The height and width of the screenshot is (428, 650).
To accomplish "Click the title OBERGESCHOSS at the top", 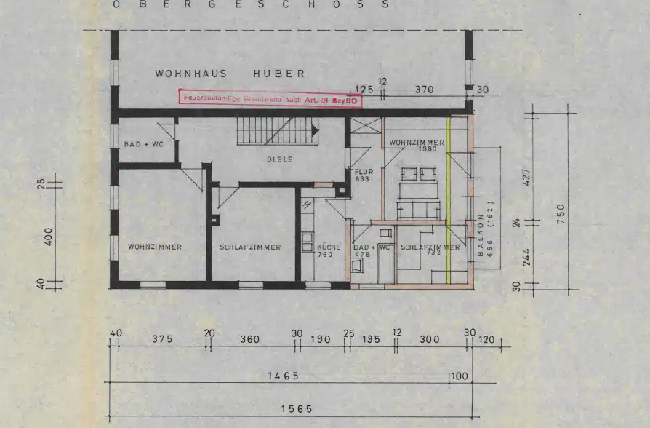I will pyautogui.click(x=250, y=4).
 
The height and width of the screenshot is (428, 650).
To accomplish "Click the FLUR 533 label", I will pyautogui.click(x=364, y=175).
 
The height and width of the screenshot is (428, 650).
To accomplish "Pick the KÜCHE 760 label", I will pyautogui.click(x=329, y=251).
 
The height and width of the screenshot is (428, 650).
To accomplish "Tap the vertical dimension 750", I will pyautogui.click(x=561, y=214).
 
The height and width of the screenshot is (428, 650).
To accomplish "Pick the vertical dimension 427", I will pyautogui.click(x=527, y=177).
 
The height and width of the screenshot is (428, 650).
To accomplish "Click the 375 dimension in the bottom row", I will pyautogui.click(x=161, y=339).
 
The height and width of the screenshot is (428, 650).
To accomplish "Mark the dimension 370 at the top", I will pyautogui.click(x=424, y=90).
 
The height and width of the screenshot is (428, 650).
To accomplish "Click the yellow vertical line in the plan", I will pyautogui.click(x=449, y=199).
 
